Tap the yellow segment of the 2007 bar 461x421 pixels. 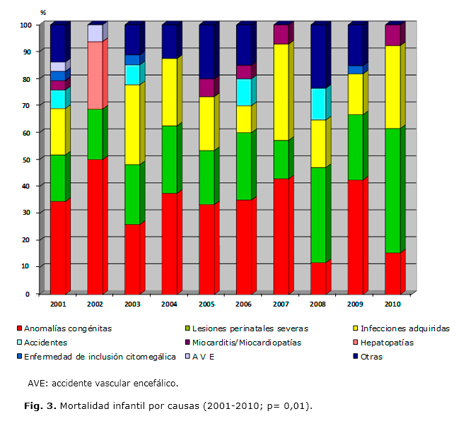point(281,92)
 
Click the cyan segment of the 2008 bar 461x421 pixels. point(317,104)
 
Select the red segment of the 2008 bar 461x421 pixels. point(317,278)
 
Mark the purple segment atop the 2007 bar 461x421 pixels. point(281,34)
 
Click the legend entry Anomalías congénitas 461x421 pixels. point(68,328)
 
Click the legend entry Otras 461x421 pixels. point(371,357)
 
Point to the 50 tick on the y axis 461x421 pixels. point(25,160)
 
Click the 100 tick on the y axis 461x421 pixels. point(24,25)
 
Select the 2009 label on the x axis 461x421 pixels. point(355,304)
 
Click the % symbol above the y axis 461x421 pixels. point(43,13)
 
